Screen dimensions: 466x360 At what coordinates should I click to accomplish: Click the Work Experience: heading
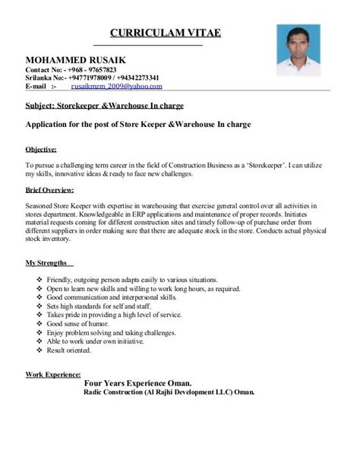click(x=53, y=375)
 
